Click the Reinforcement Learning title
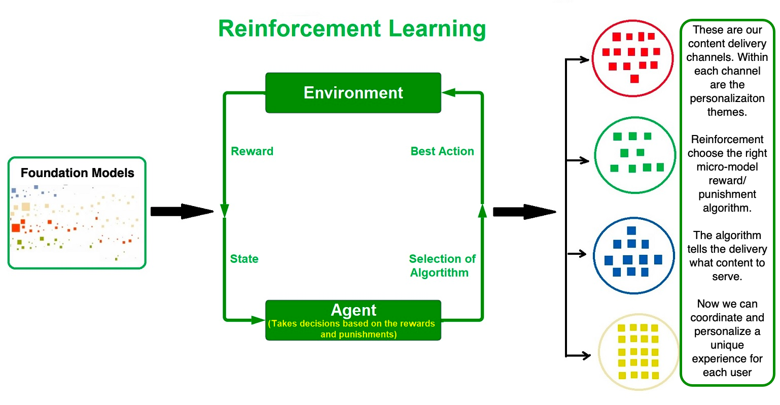pos(352,28)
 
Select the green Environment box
pos(353,93)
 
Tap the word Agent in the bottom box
pos(353,310)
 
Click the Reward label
pos(252,151)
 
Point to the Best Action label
pos(442,151)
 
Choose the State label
pos(244,259)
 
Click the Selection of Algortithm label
pos(442,265)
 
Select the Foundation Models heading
pos(77,173)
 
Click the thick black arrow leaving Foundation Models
pos(182,211)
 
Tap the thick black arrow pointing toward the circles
pos(524,212)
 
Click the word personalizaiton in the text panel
pos(727,98)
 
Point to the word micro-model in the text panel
pos(727,167)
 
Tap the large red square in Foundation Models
pos(16,228)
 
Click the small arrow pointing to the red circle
pos(577,59)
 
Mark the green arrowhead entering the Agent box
pos(258,320)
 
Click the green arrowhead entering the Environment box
pos(448,93)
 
